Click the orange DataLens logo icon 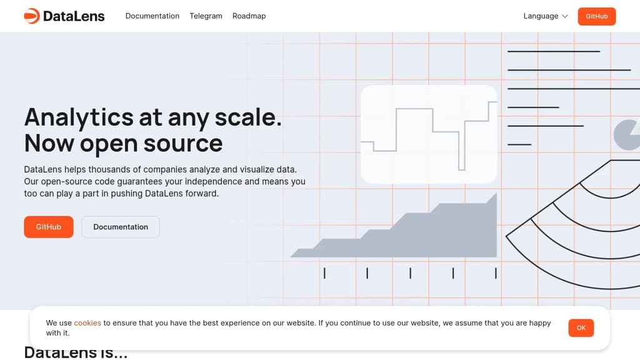click(x=31, y=16)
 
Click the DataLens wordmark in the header click(x=74, y=16)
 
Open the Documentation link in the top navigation click(x=152, y=16)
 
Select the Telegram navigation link click(x=206, y=16)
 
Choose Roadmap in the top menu click(x=249, y=16)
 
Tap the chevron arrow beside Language click(x=565, y=16)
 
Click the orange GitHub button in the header click(x=596, y=16)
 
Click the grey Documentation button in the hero click(x=121, y=227)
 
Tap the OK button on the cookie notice click(x=581, y=328)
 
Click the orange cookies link click(x=87, y=323)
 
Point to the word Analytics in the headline click(x=79, y=117)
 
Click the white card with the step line click(x=429, y=134)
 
